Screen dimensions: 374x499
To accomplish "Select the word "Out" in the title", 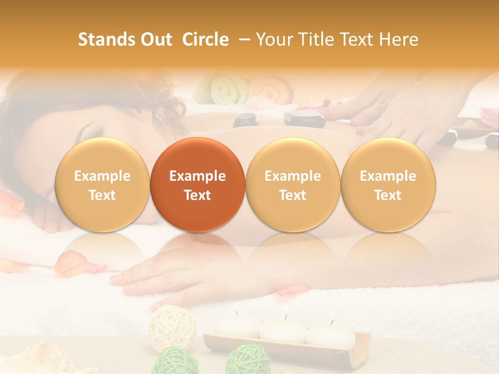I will coord(155,39).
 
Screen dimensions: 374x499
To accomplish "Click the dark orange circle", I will coord(198,185).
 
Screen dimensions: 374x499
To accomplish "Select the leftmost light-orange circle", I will coord(102,185).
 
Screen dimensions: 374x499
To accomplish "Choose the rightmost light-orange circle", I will coord(388,185).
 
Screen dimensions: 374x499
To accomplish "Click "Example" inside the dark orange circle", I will coord(198,176).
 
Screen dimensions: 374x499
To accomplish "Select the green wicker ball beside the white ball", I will coord(175,360).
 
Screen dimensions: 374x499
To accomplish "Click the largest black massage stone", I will coord(305,119).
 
